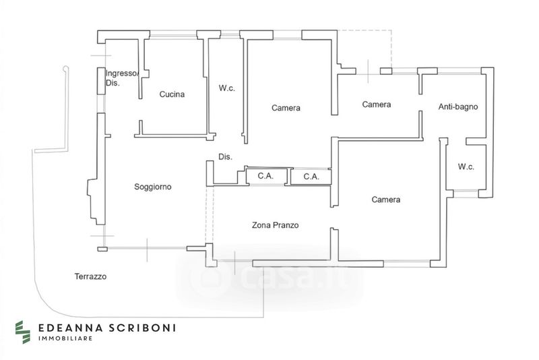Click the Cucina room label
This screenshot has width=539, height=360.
pyautogui.click(x=172, y=95)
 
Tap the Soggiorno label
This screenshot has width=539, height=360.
pyautogui.click(x=153, y=187)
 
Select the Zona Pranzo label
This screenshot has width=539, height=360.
pyautogui.click(x=275, y=225)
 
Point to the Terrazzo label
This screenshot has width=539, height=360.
pyautogui.click(x=91, y=276)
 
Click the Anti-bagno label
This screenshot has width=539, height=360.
pyautogui.click(x=458, y=107)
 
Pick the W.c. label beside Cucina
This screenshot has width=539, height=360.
pyautogui.click(x=226, y=88)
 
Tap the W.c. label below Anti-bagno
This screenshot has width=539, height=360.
pyautogui.click(x=467, y=167)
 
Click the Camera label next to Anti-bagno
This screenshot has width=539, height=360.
pyautogui.click(x=377, y=104)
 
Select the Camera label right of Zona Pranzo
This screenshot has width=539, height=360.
pyautogui.click(x=386, y=200)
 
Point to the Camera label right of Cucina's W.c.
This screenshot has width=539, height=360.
pyautogui.click(x=286, y=108)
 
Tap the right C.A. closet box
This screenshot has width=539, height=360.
pyautogui.click(x=311, y=177)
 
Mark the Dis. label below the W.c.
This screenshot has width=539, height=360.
pyautogui.click(x=225, y=157)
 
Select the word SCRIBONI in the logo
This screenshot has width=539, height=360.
pyautogui.click(x=142, y=328)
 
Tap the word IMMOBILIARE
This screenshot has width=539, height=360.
pyautogui.click(x=64, y=339)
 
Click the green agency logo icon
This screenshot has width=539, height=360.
pyautogui.click(x=24, y=330)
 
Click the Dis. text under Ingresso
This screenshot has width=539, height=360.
pyautogui.click(x=112, y=84)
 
